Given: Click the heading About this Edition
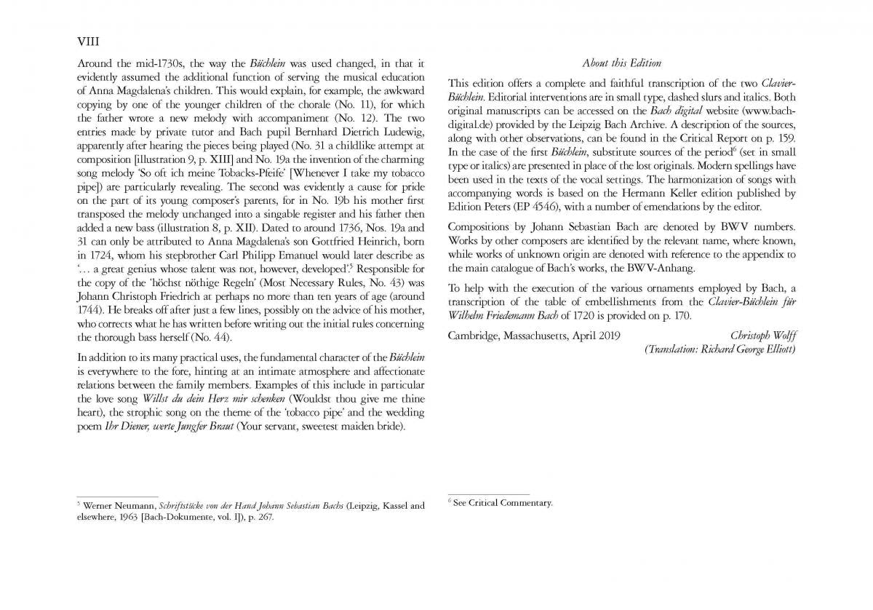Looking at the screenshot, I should [x=621, y=63].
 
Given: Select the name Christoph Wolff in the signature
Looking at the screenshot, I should [x=762, y=336].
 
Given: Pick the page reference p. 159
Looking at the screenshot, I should [x=781, y=138].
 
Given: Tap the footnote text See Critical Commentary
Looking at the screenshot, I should [x=503, y=502].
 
